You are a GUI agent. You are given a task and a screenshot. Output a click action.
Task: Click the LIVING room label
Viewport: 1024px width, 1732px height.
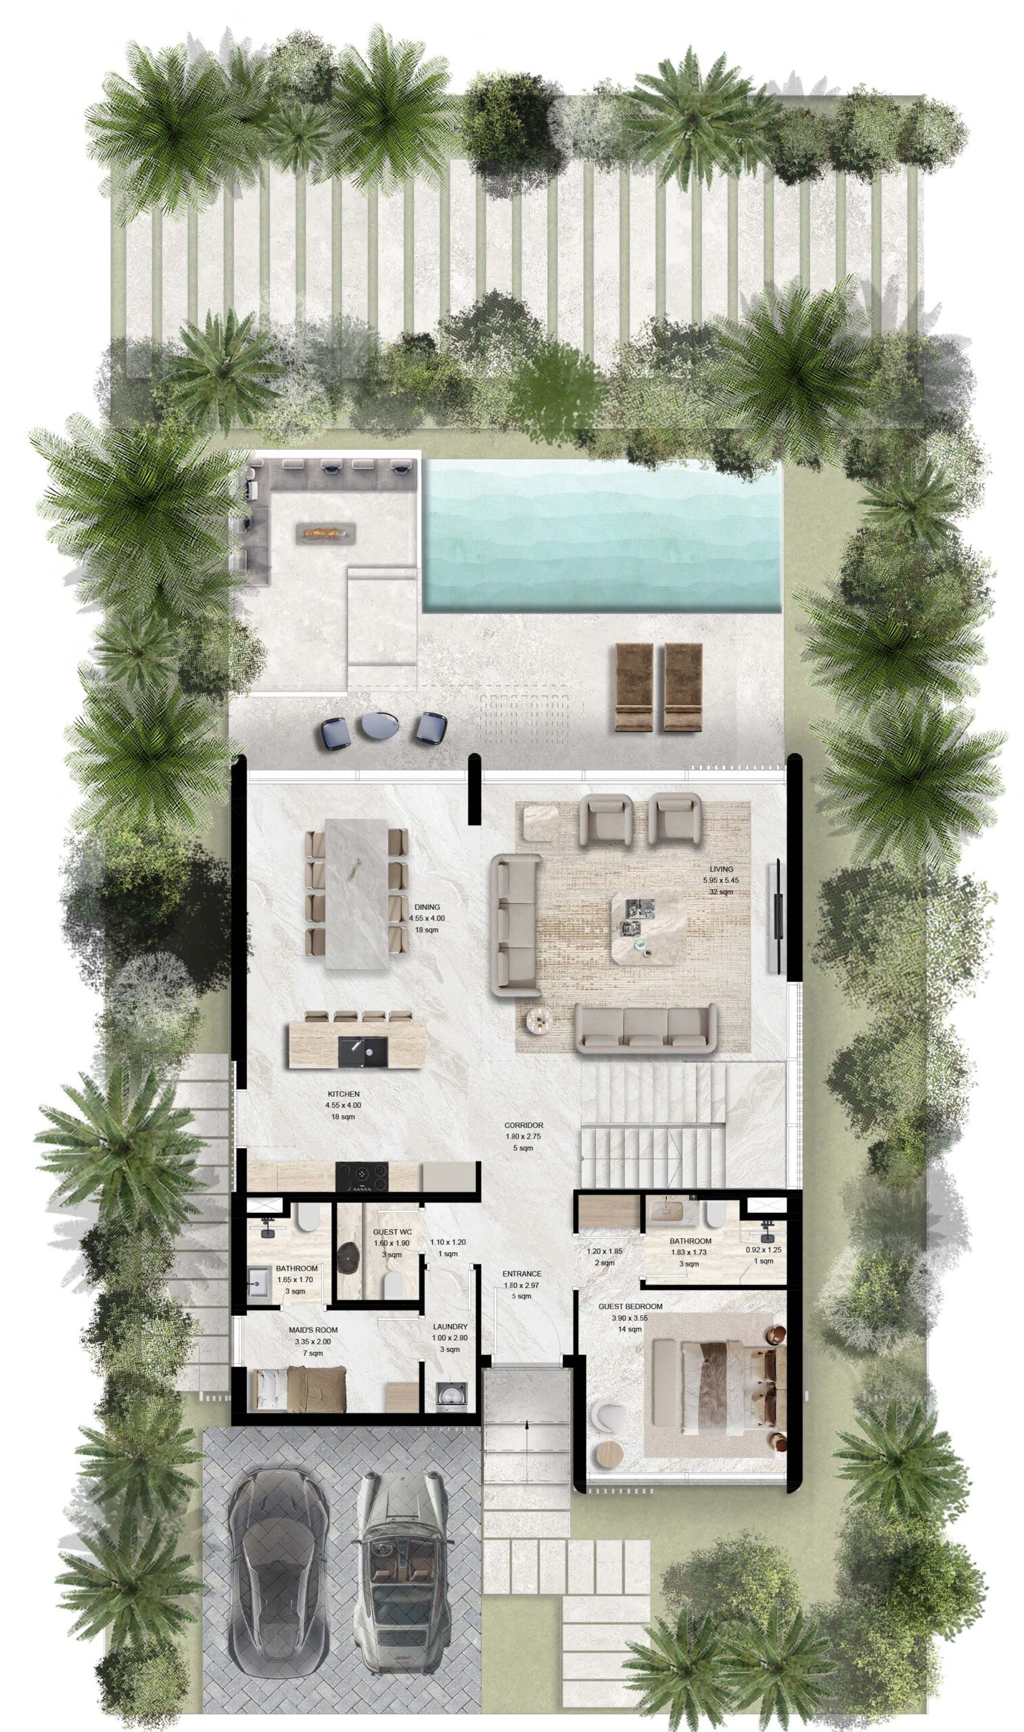pyautogui.click(x=721, y=869)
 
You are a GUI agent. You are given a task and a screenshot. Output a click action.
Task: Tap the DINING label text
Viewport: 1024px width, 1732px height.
pyautogui.click(x=427, y=907)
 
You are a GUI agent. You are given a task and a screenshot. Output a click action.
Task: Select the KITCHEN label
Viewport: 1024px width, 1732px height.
pyautogui.click(x=344, y=1094)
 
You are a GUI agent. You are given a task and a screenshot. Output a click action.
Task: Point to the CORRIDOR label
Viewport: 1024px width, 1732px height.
pyautogui.click(x=523, y=1124)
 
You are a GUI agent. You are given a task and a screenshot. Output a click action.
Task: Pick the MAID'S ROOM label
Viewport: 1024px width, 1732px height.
pyautogui.click(x=313, y=1329)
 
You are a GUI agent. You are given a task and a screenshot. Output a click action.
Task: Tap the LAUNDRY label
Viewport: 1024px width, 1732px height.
pyautogui.click(x=450, y=1326)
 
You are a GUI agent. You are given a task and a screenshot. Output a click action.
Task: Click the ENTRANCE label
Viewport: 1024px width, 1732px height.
pyautogui.click(x=521, y=1274)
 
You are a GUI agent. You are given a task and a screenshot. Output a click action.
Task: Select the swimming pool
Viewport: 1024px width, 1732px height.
pyautogui.click(x=603, y=536)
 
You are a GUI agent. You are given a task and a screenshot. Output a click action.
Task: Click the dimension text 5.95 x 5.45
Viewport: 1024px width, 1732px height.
pyautogui.click(x=721, y=880)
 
